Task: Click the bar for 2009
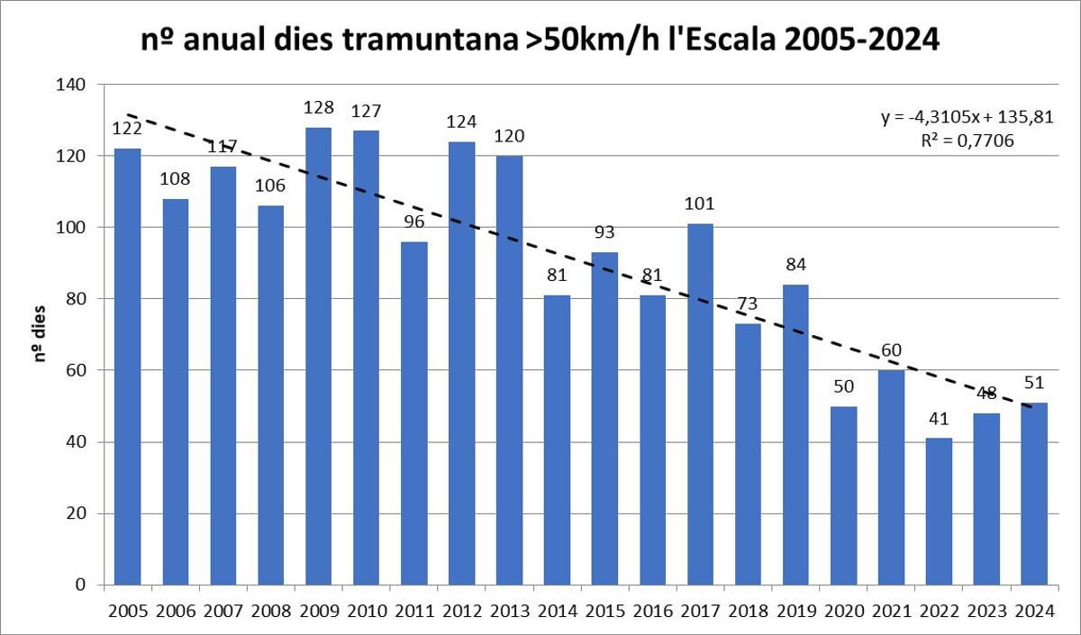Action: click(318, 356)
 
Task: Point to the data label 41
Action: click(939, 422)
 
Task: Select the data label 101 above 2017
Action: click(700, 207)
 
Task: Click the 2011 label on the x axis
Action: click(413, 612)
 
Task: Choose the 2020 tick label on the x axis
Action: click(843, 612)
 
